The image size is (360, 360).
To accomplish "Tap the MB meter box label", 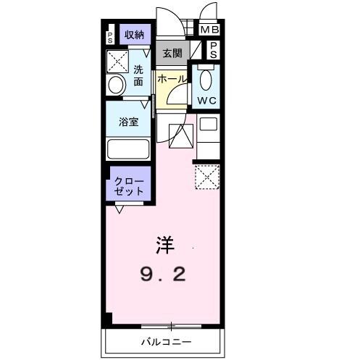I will [x=209, y=30].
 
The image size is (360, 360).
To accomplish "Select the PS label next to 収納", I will [x=110, y=35].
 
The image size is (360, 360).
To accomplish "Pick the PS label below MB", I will [x=214, y=49].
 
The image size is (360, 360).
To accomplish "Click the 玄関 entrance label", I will [x=172, y=53].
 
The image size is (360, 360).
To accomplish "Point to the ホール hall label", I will [x=172, y=78].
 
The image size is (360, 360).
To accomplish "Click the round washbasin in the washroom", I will [x=116, y=85].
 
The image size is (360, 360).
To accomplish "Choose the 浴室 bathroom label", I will [x=128, y=122].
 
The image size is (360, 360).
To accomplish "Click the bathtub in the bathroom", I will [x=128, y=148].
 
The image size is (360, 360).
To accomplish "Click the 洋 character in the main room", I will [x=163, y=245].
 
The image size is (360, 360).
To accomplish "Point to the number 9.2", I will [x=163, y=274].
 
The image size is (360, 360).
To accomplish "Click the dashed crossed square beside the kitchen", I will [x=207, y=176].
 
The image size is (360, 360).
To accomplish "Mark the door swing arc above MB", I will [x=209, y=12].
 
